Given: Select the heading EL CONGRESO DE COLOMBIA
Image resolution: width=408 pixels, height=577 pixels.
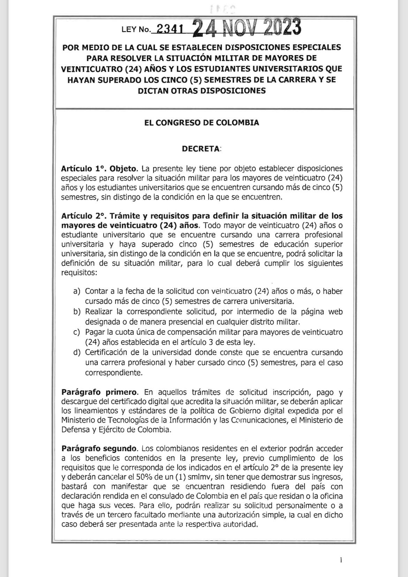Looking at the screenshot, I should [202, 123].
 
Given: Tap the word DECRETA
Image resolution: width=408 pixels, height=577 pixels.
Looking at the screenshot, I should [201, 149].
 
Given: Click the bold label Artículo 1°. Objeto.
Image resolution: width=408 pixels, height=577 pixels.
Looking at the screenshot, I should [100, 169].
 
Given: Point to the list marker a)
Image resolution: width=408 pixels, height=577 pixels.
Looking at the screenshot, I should [77, 291].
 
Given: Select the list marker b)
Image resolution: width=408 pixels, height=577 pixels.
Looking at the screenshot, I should [77, 311].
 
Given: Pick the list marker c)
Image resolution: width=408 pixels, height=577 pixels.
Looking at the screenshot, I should [77, 332].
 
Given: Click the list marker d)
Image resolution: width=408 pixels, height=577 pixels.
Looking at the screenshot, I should [77, 352].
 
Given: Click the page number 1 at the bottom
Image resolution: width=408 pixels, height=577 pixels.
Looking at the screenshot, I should [341, 560].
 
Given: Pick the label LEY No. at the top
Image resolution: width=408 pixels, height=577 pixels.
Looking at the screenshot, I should [135, 30].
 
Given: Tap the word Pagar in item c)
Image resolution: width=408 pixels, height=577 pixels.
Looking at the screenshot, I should [94, 332].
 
